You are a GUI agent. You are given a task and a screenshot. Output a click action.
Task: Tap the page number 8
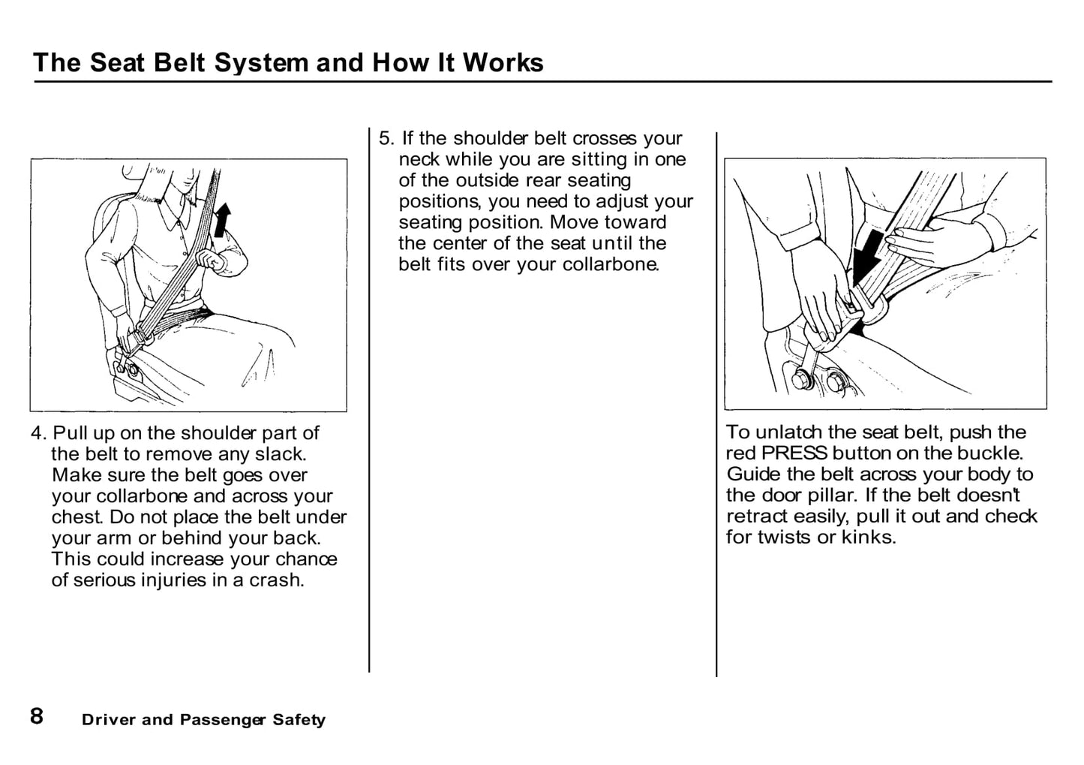pos(37,716)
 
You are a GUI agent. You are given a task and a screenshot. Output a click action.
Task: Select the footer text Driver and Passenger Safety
pos(203,720)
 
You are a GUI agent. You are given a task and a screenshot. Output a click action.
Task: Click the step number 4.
pos(38,434)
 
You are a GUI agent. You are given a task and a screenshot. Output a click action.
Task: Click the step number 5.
pos(386,139)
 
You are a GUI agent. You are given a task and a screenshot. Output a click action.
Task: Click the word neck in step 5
pos(419,160)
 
